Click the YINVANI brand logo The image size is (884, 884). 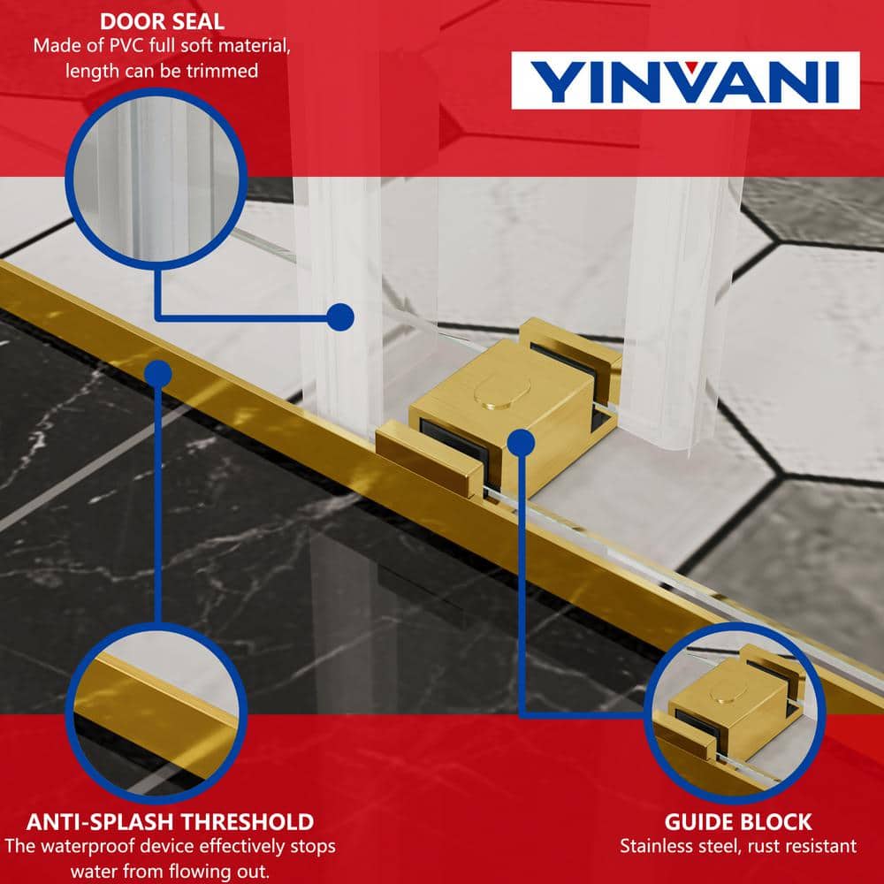coord(685,80)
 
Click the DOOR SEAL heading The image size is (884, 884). coord(163,22)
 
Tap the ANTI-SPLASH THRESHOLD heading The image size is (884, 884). coord(170,822)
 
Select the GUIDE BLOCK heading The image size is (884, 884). coord(738,822)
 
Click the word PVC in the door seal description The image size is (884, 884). coord(126,46)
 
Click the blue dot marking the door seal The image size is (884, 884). coord(340,316)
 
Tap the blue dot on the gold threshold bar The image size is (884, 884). coord(158,374)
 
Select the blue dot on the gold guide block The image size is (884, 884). coord(521,443)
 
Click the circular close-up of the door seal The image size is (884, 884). coord(156,179)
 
